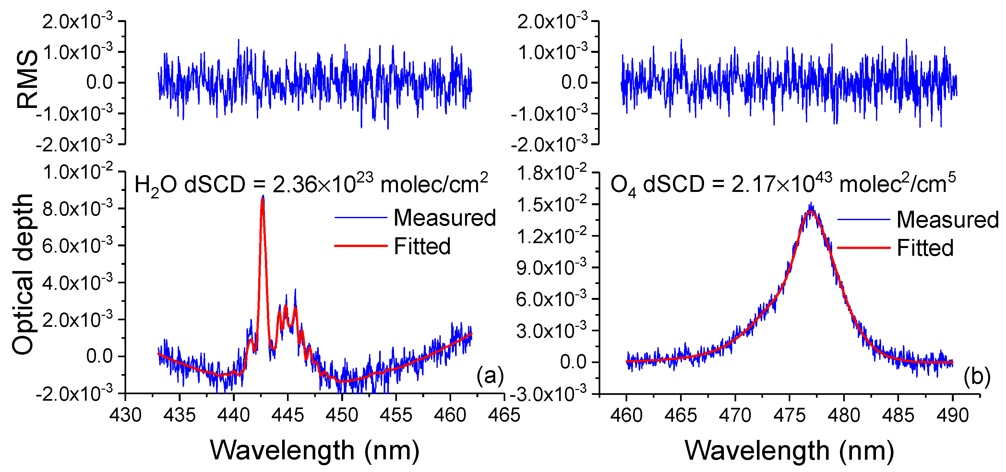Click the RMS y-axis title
coord(27,80)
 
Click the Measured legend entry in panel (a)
coord(444,218)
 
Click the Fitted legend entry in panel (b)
coord(925,248)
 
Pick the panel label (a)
coord(490,376)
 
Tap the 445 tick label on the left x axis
coord(288,415)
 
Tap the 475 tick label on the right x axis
coord(789,415)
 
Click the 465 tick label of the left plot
coord(504,415)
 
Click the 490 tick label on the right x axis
coord(952,415)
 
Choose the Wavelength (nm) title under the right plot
coord(789,451)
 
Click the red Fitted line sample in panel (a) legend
coord(360,246)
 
